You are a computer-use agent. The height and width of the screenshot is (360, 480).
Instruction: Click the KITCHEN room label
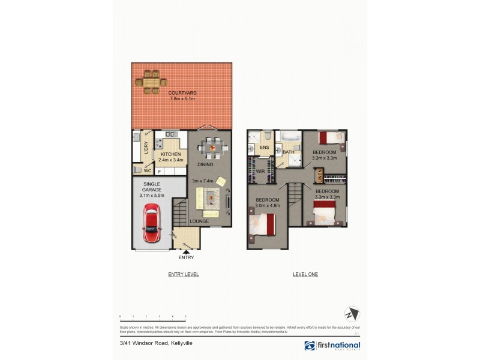tap(170, 154)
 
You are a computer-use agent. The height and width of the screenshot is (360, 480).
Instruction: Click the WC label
tap(146, 170)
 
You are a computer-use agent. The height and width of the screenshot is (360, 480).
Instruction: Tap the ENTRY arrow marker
tap(185, 251)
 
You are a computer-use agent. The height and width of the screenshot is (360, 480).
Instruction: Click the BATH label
tap(288, 152)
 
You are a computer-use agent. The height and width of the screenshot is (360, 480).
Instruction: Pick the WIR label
tap(260, 172)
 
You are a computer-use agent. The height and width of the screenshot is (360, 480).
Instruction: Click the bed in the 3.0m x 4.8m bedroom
tap(262, 226)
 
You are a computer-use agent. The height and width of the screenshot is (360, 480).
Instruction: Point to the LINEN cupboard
tap(320, 176)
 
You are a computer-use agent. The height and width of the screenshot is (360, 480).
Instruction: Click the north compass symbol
tap(352, 314)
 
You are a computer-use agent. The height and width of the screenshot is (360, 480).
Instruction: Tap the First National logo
tap(332, 346)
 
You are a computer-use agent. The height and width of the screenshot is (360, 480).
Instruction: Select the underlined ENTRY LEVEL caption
tap(183, 274)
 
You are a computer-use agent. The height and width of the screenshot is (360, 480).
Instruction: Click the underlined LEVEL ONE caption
tap(305, 274)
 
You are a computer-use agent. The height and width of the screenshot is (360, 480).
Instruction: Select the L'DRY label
tap(146, 148)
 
